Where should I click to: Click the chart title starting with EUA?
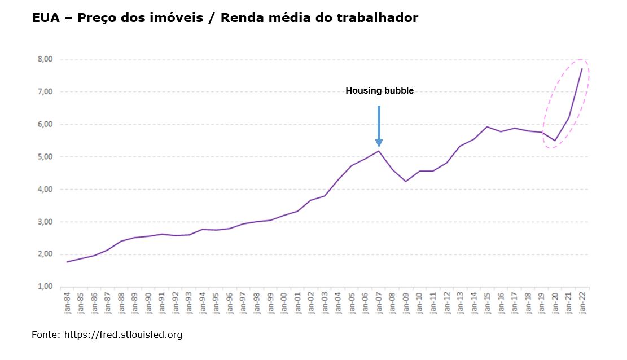(x=225, y=18)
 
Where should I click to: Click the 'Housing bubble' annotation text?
(x=379, y=90)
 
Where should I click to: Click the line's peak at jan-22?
(x=582, y=68)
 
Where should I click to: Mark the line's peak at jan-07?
(x=379, y=151)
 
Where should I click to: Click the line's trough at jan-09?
(x=406, y=181)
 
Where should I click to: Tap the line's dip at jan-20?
(x=555, y=141)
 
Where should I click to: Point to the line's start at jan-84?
(x=67, y=262)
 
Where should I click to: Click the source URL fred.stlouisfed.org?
(x=123, y=335)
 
